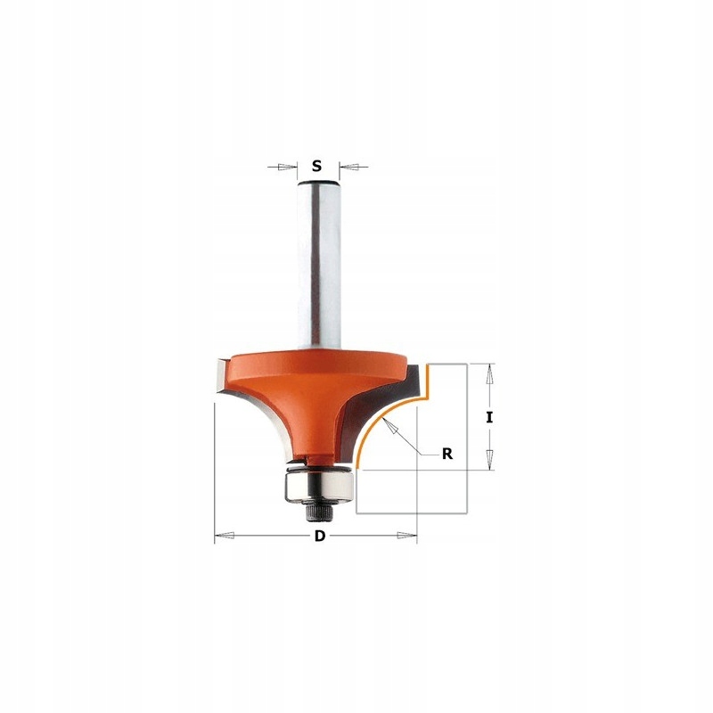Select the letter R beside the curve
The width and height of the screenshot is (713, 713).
point(448,453)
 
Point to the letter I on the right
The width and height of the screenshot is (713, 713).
point(489,416)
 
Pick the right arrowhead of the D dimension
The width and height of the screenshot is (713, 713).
point(431,537)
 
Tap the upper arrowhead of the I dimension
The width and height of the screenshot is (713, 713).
point(489,374)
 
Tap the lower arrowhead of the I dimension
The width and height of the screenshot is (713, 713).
point(489,458)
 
